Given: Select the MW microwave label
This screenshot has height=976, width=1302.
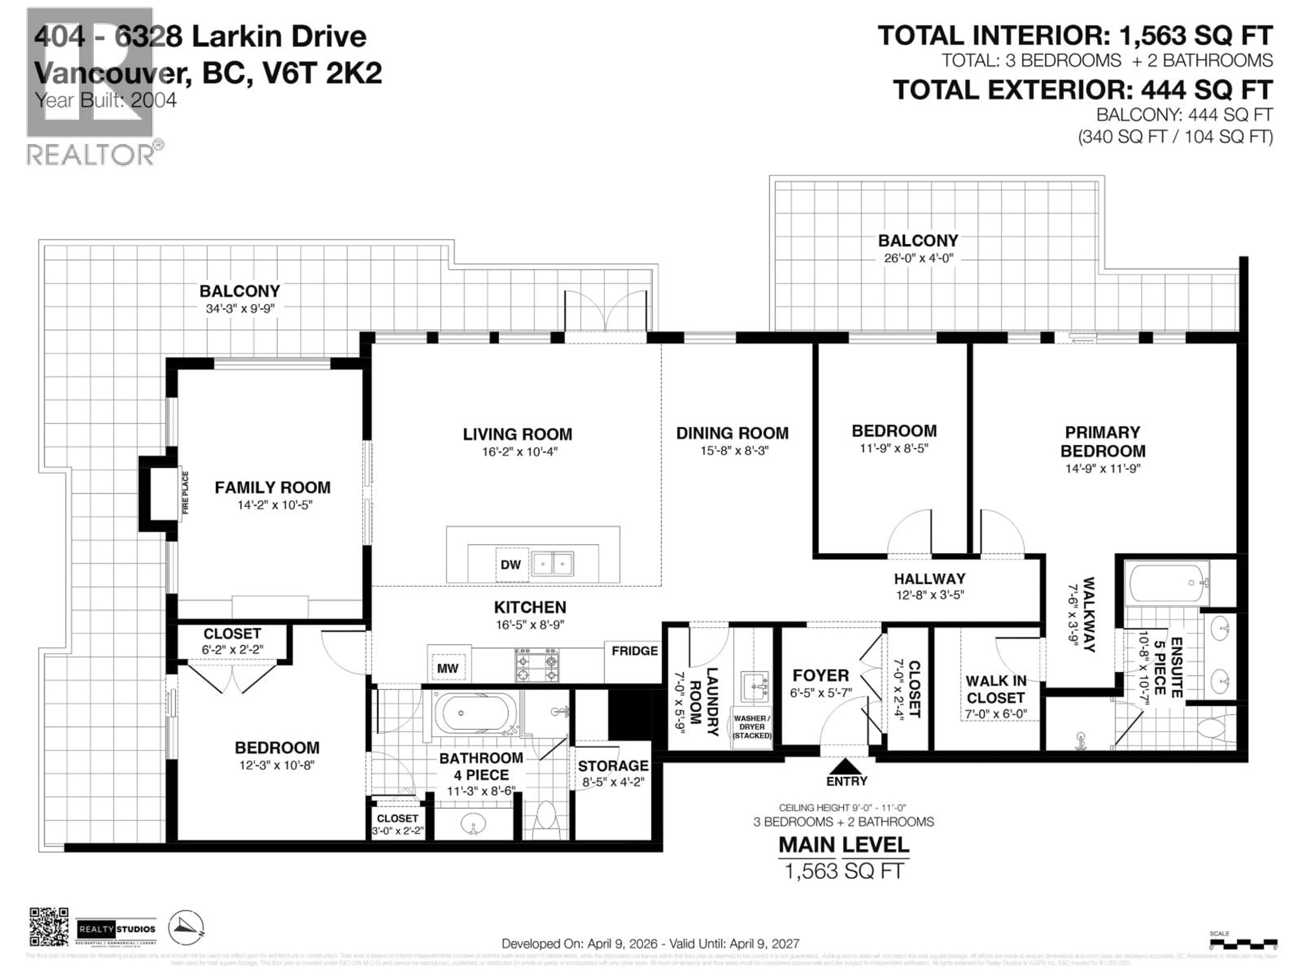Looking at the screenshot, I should [447, 668].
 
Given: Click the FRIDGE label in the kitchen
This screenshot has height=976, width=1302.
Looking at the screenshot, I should [634, 651].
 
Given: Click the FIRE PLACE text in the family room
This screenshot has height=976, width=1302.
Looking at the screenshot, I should [185, 493].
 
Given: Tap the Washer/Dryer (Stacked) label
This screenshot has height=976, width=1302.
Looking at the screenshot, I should [752, 727].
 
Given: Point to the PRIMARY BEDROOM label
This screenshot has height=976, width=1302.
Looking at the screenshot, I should [1103, 442].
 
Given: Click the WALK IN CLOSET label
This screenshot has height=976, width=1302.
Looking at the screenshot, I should [995, 690].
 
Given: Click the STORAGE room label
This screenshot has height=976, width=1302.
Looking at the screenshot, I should [613, 766].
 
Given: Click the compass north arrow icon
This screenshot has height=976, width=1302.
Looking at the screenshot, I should [186, 928].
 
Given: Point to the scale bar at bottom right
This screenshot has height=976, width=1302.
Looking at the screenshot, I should [1243, 945].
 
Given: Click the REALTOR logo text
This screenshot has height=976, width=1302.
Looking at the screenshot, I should [91, 155].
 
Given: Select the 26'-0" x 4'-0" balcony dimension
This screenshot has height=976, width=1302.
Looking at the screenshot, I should [918, 258].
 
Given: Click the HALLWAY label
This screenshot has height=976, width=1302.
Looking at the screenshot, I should [929, 579].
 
